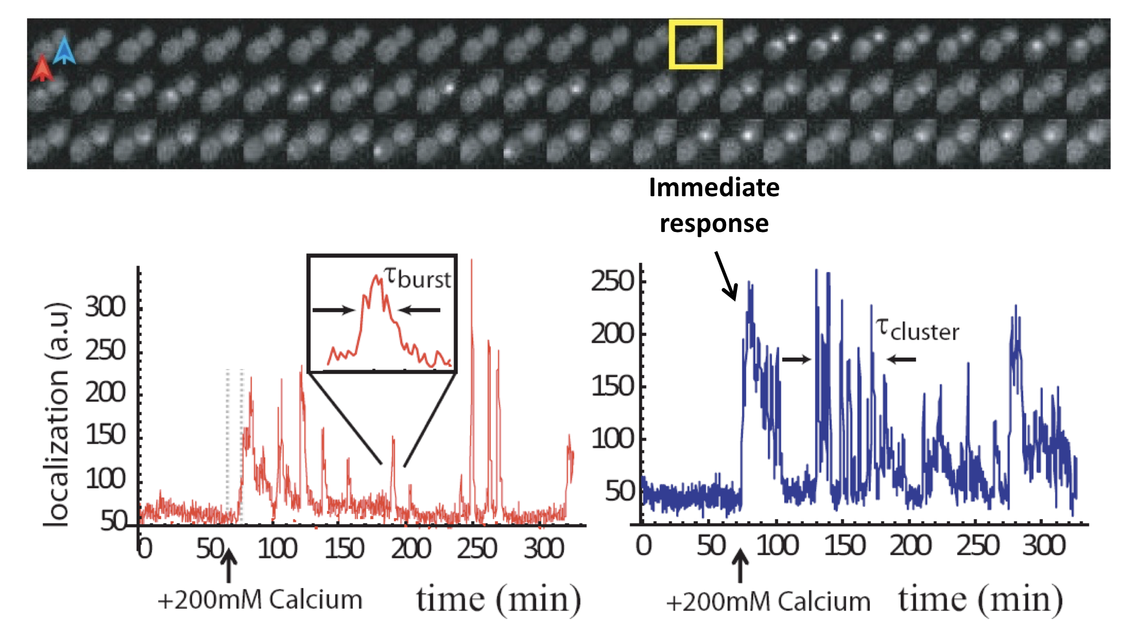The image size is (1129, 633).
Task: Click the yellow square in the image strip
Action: tap(695, 44)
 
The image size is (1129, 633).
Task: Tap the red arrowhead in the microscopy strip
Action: tap(42, 69)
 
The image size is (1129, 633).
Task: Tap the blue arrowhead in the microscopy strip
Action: tap(65, 50)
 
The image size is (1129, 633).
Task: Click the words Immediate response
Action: tap(714, 205)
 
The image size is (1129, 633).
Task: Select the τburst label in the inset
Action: tap(416, 278)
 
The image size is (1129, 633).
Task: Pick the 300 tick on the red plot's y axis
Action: tap(105, 307)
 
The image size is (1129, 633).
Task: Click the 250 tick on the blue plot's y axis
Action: tap(612, 281)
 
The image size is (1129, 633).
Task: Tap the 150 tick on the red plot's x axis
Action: tap(344, 548)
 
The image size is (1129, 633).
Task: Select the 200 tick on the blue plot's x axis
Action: tap(910, 545)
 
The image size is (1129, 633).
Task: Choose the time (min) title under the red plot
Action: tap(498, 600)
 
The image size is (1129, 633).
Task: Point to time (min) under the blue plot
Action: tap(980, 600)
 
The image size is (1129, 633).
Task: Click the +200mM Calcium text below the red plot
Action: tap(260, 600)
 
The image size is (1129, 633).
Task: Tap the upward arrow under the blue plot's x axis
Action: tap(740, 566)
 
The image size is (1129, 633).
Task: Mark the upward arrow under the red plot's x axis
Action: tap(229, 566)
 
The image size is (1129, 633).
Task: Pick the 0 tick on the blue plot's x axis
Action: tap(644, 545)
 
